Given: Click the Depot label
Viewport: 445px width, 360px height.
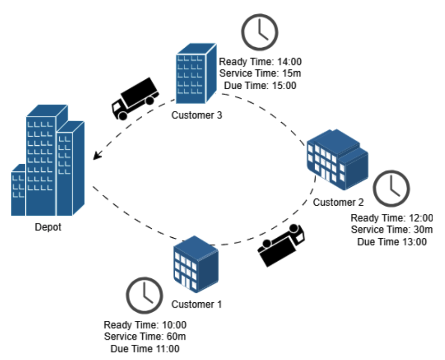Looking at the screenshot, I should (x=48, y=227).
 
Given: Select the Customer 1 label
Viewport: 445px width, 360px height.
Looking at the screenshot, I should (x=196, y=304).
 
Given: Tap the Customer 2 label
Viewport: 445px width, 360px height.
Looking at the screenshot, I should (x=338, y=202).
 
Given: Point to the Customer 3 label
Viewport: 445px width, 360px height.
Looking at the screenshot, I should (x=196, y=115).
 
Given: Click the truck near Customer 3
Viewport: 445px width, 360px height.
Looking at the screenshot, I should (x=134, y=99).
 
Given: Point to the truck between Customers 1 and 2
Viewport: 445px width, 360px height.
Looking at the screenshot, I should (x=281, y=244).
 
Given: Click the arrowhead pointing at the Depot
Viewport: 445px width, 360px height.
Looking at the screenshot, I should (x=97, y=156).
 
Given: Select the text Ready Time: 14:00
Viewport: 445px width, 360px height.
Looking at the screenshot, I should (x=260, y=62).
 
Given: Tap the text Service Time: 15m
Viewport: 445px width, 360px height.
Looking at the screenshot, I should (x=260, y=74).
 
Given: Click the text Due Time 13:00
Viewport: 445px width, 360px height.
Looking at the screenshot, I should (x=392, y=242).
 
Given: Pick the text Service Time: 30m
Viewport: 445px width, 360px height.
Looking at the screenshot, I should (x=392, y=230).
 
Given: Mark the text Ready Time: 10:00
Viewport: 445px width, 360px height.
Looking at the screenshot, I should (x=145, y=325).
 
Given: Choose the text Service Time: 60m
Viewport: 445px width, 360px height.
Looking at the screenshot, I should (x=145, y=337).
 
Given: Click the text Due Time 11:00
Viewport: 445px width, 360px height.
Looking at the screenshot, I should (x=145, y=349).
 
